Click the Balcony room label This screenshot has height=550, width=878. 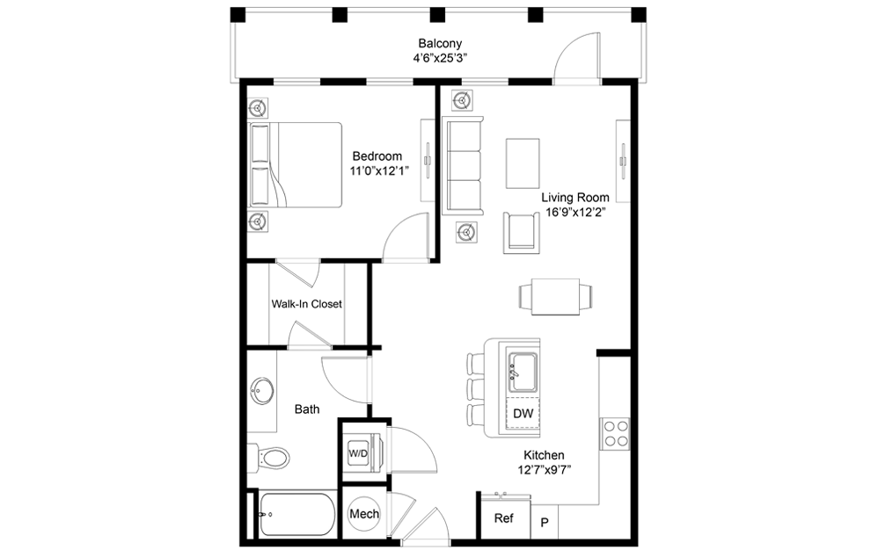click(440, 44)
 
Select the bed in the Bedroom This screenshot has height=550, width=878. click(295, 165)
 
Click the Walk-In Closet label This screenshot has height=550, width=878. click(306, 304)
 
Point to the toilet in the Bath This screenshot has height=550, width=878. click(269, 459)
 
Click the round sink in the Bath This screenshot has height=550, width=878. click(262, 389)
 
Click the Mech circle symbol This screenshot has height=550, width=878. click(364, 514)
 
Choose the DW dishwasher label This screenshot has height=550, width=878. click(523, 414)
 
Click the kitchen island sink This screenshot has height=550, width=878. click(523, 373)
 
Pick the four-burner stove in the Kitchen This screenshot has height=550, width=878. click(615, 433)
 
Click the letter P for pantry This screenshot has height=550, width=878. click(545, 523)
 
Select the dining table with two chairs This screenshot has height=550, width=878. click(555, 296)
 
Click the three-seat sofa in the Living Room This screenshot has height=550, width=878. click(463, 165)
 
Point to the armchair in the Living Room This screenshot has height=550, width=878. click(523, 232)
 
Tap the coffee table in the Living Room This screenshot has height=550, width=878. click(523, 163)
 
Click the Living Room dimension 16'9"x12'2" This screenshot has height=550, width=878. click(575, 213)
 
